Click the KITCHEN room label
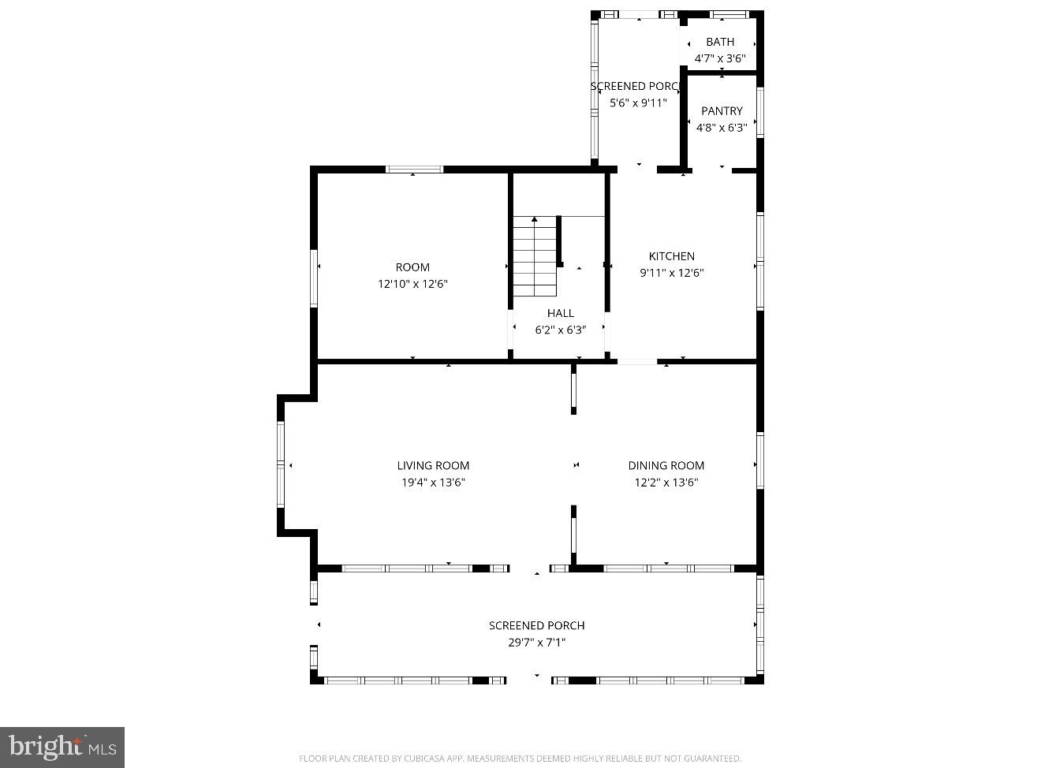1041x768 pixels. click(671, 256)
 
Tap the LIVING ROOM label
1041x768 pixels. click(433, 466)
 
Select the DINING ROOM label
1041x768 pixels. click(666, 466)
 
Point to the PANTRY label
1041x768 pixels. click(722, 111)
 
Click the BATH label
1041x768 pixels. click(719, 42)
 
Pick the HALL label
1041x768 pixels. click(560, 313)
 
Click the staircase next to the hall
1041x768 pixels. click(535, 256)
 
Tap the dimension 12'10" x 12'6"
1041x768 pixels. click(412, 284)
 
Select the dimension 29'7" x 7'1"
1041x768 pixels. click(536, 643)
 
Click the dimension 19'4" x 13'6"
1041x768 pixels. click(433, 483)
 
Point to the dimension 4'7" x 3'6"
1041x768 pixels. click(719, 58)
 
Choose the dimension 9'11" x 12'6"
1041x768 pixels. click(671, 273)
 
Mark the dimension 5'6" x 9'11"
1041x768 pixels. click(638, 103)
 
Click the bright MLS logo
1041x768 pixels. click(62, 747)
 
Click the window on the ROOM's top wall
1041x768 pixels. click(414, 169)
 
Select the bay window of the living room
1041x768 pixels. click(280, 465)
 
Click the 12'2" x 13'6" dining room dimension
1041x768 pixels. click(666, 483)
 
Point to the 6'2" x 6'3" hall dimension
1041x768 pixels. click(560, 330)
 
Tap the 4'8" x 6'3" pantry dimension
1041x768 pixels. click(722, 128)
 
